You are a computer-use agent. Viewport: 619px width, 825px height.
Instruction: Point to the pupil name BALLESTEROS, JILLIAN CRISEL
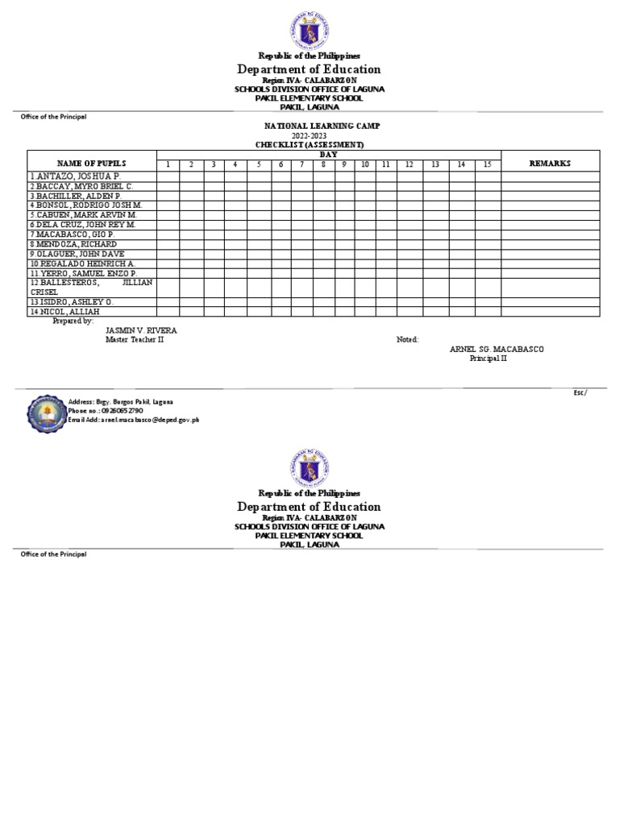click(91, 288)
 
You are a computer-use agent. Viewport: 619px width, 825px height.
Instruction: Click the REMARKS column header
click(550, 163)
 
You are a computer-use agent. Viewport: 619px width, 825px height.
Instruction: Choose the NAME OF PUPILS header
click(91, 163)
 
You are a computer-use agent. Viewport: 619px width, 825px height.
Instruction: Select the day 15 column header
click(488, 165)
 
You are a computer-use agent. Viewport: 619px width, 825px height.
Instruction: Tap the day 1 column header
click(168, 165)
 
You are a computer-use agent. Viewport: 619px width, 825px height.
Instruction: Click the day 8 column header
click(323, 165)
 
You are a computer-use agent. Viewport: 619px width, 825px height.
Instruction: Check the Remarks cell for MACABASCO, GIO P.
click(550, 234)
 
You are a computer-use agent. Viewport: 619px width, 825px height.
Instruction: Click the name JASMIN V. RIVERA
click(141, 330)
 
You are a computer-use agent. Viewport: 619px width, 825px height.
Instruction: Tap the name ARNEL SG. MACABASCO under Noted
click(496, 349)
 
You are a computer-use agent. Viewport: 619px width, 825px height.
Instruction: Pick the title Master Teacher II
click(136, 340)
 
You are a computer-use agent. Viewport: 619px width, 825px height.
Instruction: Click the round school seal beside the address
click(45, 412)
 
